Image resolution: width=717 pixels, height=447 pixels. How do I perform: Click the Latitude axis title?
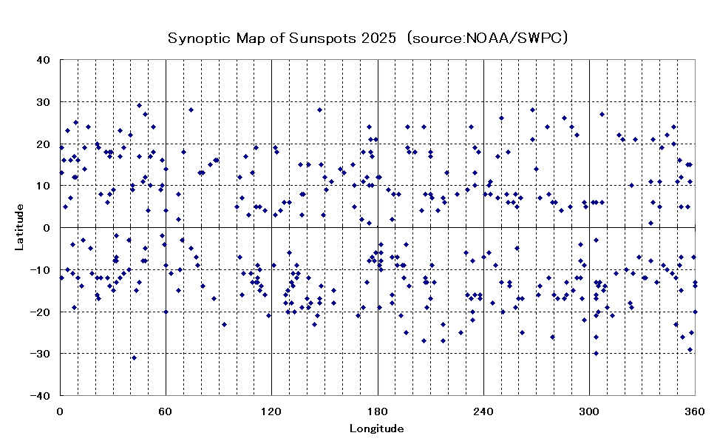pos(20,227)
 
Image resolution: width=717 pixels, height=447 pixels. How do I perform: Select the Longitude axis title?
pos(377,428)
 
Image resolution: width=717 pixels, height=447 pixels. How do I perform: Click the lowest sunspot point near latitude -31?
pos(134,357)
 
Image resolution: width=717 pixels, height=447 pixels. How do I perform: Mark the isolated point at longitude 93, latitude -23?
pos(224,324)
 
